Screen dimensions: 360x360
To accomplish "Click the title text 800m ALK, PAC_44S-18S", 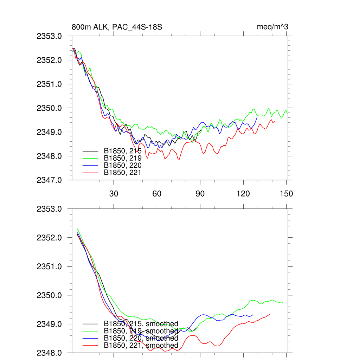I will pyautogui.click(x=117, y=27).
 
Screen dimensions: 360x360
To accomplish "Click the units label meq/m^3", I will pyautogui.click(x=273, y=27).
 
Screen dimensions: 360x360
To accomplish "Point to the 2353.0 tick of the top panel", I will pyautogui.click(x=52, y=36).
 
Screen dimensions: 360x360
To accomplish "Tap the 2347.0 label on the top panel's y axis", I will pyautogui.click(x=52, y=180).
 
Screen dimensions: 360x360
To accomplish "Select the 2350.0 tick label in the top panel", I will pyautogui.click(x=52, y=108).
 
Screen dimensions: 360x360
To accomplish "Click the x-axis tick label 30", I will pyautogui.click(x=114, y=193).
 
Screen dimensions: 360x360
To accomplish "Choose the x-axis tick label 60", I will pyautogui.click(x=157, y=193).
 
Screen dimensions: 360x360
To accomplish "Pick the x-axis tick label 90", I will pyautogui.click(x=200, y=193).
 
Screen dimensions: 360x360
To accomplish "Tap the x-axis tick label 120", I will pyautogui.click(x=243, y=193).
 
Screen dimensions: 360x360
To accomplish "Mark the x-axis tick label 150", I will pyautogui.click(x=287, y=193).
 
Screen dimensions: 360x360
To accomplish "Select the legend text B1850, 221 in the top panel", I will pyautogui.click(x=122, y=172).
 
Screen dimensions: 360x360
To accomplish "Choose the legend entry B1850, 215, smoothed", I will pyautogui.click(x=141, y=324).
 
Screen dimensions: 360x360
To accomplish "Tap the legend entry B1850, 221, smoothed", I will pyautogui.click(x=141, y=346).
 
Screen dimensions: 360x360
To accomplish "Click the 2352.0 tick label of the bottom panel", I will pyautogui.click(x=52, y=238).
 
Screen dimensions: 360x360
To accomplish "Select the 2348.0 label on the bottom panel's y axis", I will pyautogui.click(x=52, y=353).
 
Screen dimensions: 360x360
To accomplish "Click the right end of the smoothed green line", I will pyautogui.click(x=283, y=302).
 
